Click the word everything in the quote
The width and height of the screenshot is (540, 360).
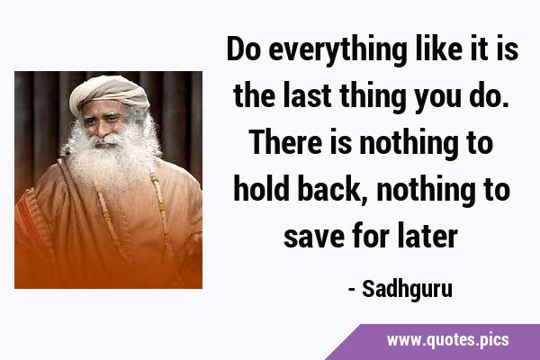point(337,50)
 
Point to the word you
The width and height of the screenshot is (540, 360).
point(437,100)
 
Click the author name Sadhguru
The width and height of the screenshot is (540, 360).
point(407,291)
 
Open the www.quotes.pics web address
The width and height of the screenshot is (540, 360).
point(447,340)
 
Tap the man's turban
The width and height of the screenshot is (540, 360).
point(110,93)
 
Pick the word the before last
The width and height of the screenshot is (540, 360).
point(254,95)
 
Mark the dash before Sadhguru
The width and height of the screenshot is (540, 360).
point(352,290)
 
